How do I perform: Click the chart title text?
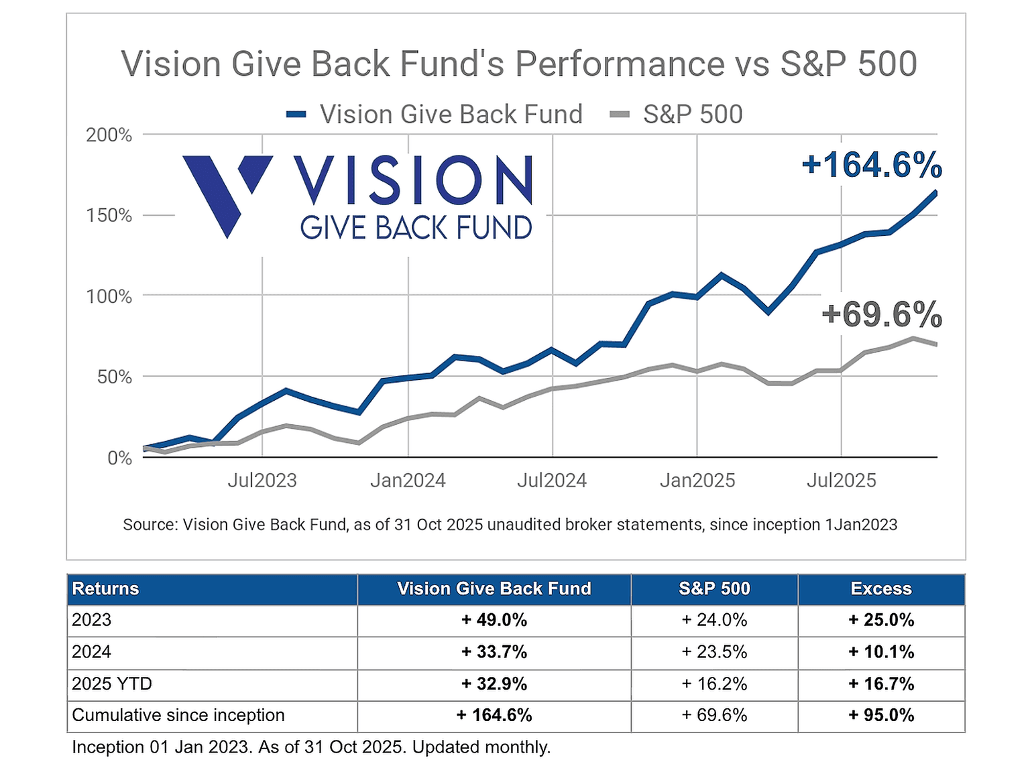518,64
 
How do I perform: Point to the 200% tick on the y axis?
109,135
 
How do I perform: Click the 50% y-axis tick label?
114,377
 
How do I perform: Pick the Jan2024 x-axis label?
408,480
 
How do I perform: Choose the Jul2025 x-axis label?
841,480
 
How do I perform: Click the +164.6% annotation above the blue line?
872,165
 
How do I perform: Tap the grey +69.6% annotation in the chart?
881,315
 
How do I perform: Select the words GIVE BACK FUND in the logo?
416,229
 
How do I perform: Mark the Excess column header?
880,589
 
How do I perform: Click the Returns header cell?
105,589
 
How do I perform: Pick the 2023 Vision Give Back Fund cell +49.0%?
494,621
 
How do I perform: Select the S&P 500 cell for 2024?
714,652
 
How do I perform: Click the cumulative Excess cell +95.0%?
880,716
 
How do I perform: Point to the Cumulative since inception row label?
178,716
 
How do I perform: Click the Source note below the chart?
510,525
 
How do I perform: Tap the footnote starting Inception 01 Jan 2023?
311,747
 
